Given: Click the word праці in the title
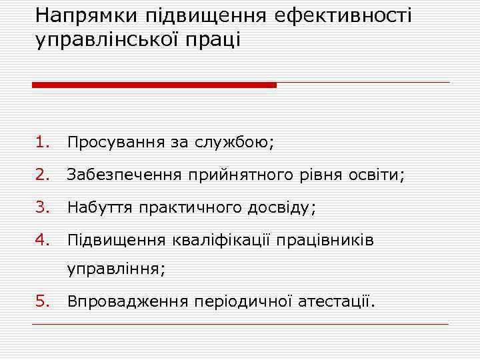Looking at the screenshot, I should click(x=221, y=40).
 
